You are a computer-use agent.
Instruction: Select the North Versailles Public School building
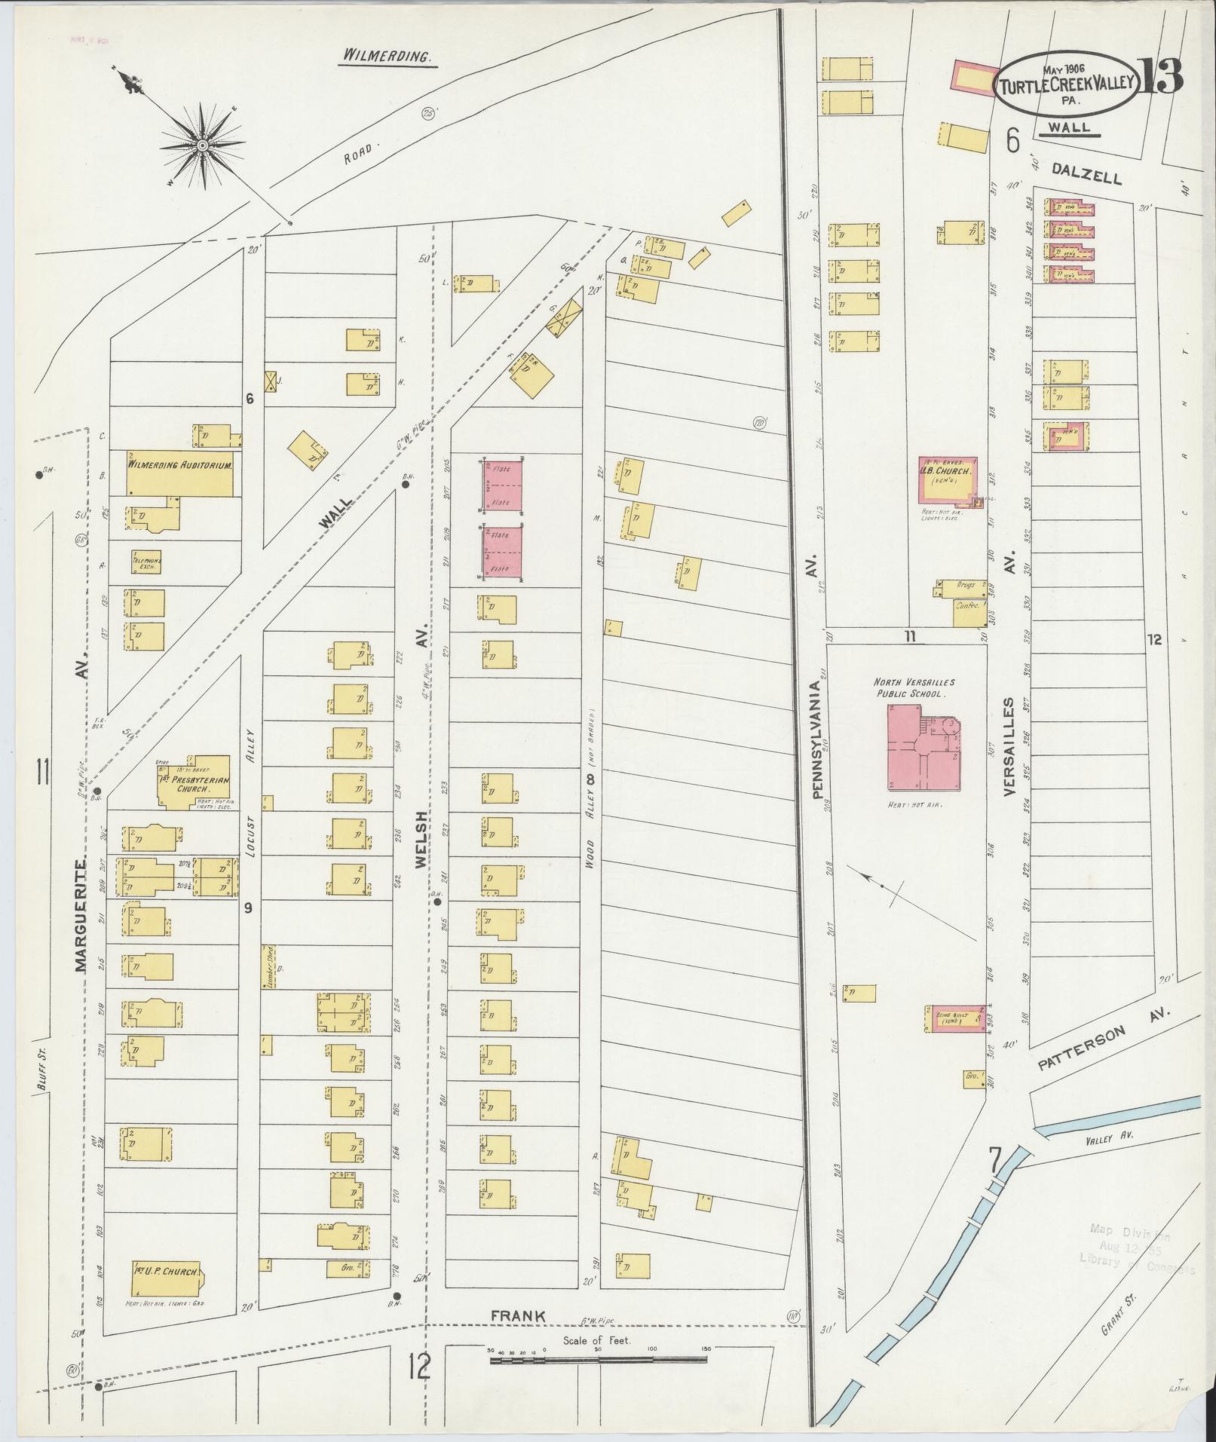[925, 746]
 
